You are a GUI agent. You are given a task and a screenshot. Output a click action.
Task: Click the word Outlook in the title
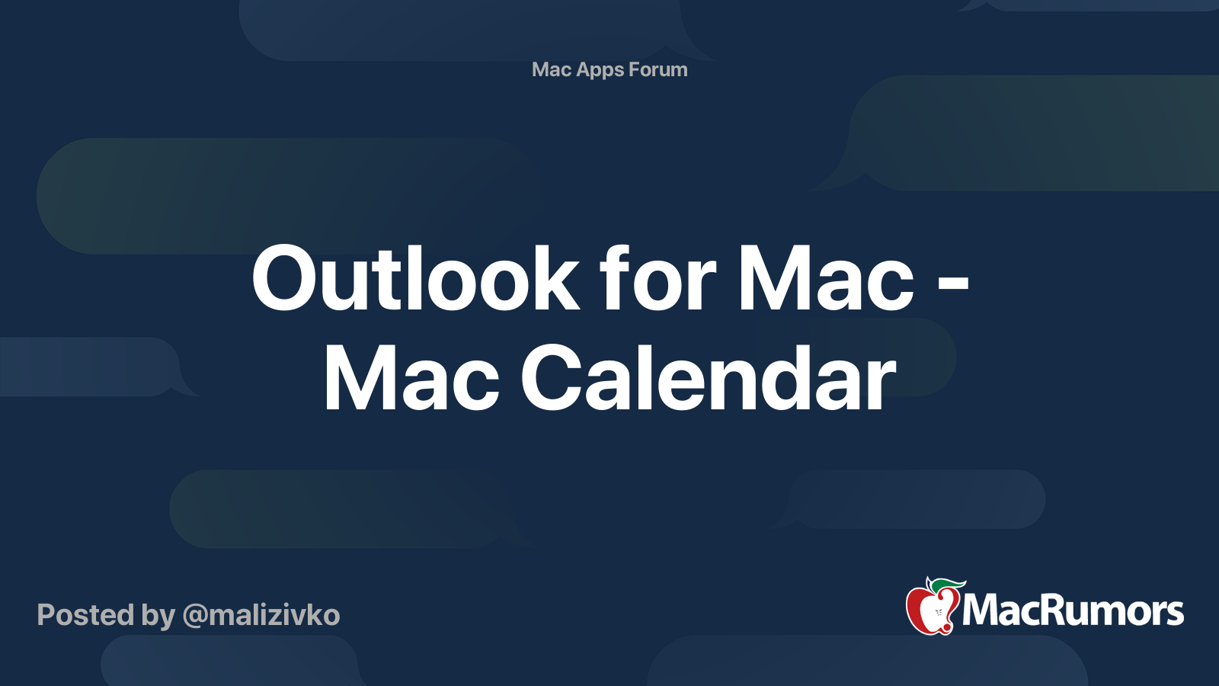(x=415, y=278)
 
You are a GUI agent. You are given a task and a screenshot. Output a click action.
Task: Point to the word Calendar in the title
(x=708, y=378)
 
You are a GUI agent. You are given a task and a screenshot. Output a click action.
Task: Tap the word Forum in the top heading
(x=658, y=69)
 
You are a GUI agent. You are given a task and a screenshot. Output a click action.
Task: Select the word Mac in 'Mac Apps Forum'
(x=552, y=69)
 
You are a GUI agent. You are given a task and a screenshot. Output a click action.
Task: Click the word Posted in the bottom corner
(x=85, y=614)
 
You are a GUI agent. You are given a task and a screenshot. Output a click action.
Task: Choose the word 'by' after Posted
(x=158, y=616)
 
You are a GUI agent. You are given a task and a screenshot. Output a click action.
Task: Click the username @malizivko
(x=261, y=615)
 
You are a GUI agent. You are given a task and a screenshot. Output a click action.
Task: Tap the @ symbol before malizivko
(x=195, y=617)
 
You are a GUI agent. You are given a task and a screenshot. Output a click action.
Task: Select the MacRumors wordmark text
(x=1073, y=611)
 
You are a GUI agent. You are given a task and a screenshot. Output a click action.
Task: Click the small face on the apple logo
(x=938, y=613)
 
